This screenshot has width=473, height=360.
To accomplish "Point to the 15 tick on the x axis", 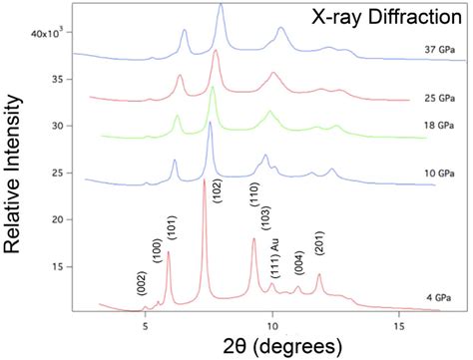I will coord(399,324).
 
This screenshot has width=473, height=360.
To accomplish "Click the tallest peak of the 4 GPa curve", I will coord(205,182).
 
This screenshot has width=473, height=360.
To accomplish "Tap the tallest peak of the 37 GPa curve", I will coord(220,7).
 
